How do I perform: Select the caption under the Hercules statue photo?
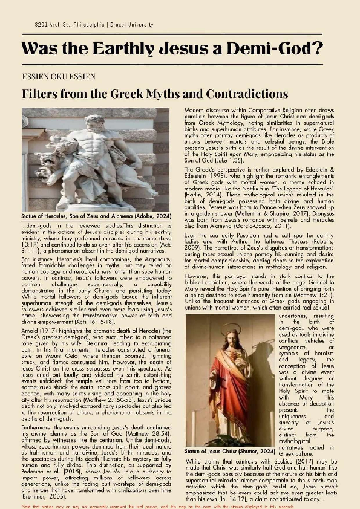tap(87, 215)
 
